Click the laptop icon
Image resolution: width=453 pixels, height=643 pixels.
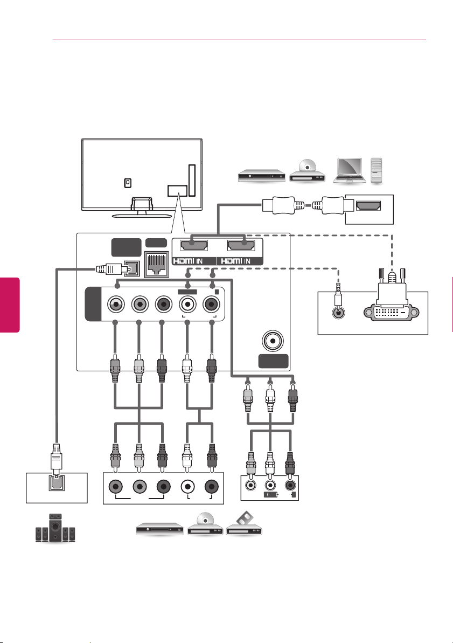350,170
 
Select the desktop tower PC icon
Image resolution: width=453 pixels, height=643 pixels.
377,170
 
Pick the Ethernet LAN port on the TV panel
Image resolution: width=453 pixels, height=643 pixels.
157,264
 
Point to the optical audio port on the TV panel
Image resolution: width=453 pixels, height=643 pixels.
132,268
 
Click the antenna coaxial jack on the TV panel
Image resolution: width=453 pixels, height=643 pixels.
273,341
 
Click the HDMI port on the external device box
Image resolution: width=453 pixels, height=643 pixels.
368,206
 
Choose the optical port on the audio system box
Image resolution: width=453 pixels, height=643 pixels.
56,483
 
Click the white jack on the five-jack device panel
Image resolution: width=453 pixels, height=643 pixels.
187,487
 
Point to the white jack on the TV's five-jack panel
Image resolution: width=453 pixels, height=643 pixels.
188,305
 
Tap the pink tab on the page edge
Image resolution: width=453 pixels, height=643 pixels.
10,305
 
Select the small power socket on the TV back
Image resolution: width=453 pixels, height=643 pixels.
128,183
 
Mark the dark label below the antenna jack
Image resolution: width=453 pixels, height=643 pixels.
274,361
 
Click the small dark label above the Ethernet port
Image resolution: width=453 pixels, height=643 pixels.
156,243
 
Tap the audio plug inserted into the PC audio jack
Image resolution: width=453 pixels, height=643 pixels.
338,292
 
